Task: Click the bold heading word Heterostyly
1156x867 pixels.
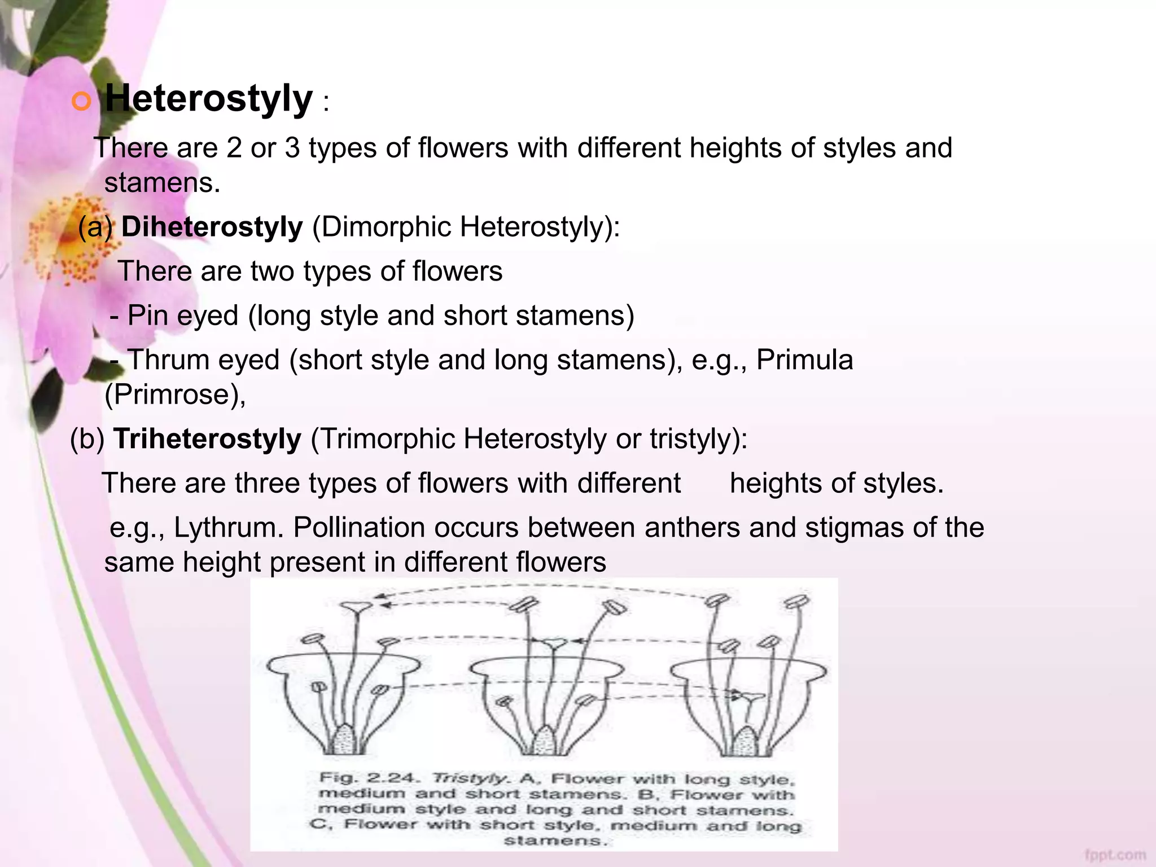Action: (208, 99)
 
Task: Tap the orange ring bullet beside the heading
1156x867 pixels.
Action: (82, 102)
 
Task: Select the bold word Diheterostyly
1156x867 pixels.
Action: (212, 227)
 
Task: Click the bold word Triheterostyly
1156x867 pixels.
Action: (207, 439)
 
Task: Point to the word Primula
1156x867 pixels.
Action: (804, 360)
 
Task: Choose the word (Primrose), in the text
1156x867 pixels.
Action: (176, 395)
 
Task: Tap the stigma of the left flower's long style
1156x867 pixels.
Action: (356, 607)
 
